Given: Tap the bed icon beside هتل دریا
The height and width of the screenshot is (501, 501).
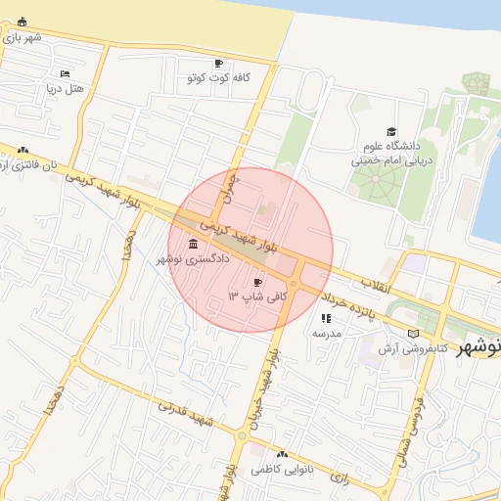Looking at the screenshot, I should (x=65, y=73).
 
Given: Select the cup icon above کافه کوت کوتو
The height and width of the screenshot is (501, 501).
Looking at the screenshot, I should (x=218, y=63).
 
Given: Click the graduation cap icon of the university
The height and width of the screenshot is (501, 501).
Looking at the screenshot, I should (x=391, y=130).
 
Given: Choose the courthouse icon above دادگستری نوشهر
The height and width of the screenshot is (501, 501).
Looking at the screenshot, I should (x=192, y=243).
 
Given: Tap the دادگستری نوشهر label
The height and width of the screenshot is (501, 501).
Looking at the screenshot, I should (x=193, y=259).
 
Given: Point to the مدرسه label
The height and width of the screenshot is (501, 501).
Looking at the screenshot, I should (x=326, y=333).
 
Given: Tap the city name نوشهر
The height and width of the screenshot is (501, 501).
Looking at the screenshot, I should (x=478, y=347).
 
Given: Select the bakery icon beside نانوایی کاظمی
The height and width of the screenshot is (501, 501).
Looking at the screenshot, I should (x=282, y=454).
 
